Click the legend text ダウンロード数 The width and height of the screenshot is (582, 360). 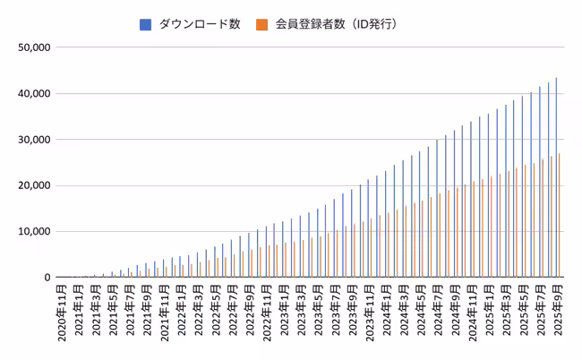199,24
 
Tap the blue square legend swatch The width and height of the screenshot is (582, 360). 145,24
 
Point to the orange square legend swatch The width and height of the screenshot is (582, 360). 261,24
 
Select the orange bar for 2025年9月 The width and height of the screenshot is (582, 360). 560,216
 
